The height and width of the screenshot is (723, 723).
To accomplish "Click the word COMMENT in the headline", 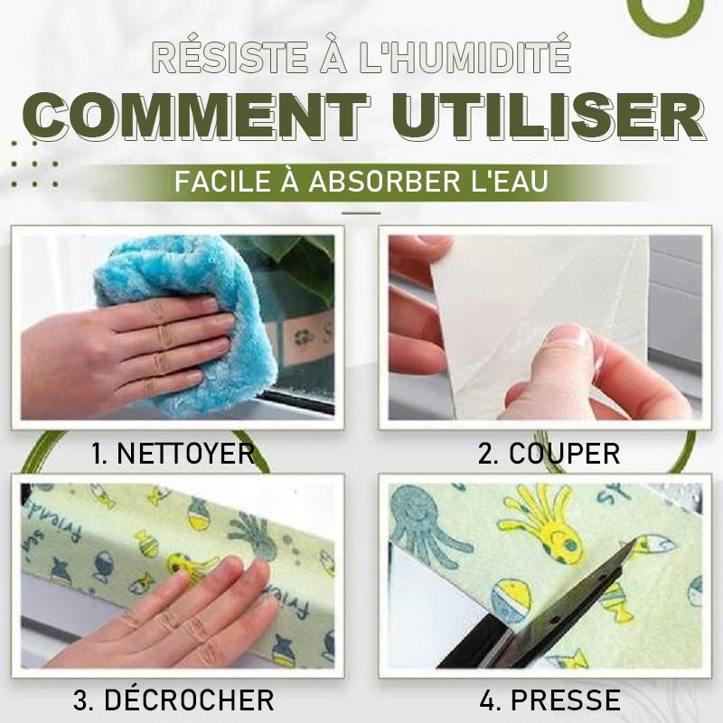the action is tap(197, 117).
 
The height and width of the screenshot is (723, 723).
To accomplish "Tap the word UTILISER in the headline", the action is tap(549, 117).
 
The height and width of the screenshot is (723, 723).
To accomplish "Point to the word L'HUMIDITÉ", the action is tap(465, 58).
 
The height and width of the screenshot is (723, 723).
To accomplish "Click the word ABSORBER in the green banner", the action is tap(385, 182).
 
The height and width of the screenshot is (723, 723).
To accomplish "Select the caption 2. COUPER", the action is tap(549, 454).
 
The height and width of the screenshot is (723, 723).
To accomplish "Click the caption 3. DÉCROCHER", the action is tap(174, 700).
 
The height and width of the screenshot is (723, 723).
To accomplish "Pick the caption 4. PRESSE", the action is tap(549, 700).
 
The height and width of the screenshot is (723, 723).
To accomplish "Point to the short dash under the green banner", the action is tap(361, 213).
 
